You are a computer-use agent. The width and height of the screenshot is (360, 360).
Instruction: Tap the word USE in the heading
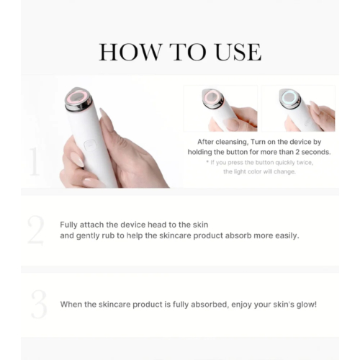[x=237, y=52]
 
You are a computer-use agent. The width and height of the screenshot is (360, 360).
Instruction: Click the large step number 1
[x=34, y=163]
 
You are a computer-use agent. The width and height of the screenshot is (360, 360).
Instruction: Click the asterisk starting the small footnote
[x=206, y=163]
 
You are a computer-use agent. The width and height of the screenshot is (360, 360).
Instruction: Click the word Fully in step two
[x=71, y=224]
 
